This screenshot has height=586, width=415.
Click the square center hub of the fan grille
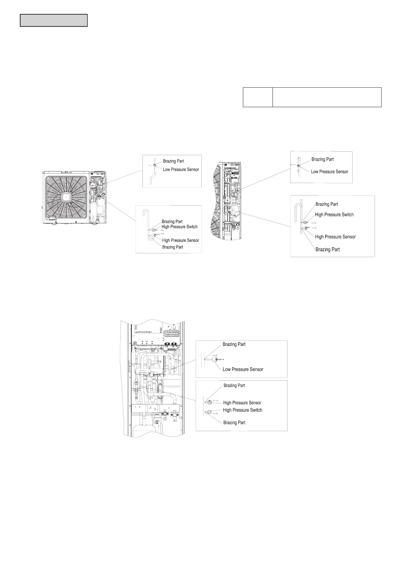pos(66,197)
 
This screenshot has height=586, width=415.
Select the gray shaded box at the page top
pos(54,20)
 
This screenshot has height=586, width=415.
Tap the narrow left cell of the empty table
pos(258,97)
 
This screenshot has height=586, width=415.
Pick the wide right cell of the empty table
pos(327,97)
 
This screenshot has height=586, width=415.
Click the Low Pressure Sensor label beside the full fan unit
pos(181,169)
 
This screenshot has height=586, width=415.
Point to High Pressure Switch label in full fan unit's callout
pos(179,227)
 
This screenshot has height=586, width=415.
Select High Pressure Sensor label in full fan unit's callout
pos(180,240)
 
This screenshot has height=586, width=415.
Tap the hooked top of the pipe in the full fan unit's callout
pos(146,211)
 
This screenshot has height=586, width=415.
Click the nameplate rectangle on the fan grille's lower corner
pos(51,219)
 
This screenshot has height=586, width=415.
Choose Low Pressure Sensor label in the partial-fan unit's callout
pos(329,172)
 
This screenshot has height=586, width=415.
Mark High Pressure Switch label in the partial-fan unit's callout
pos(334,215)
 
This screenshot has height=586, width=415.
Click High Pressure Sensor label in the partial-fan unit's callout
pos(335,237)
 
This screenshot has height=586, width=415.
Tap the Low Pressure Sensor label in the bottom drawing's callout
pos(243,369)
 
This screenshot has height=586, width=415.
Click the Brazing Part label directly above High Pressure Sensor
pos(234,386)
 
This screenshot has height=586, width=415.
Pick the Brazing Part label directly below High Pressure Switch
pos(234,422)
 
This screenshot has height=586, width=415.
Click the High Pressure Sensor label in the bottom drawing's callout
pos(242,403)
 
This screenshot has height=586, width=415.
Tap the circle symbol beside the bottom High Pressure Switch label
pos(210,411)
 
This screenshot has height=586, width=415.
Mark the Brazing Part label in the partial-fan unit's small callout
pos(322,159)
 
